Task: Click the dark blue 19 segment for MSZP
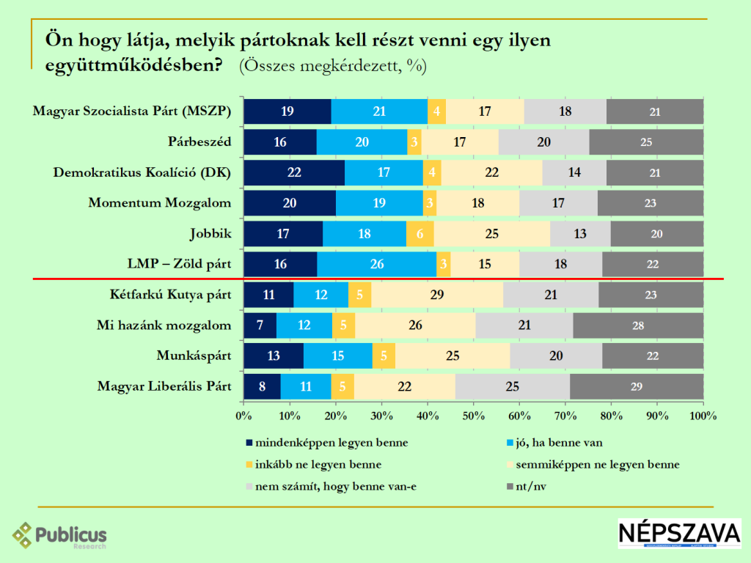pyautogui.click(x=287, y=111)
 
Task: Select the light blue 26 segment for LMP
pyautogui.click(x=376, y=265)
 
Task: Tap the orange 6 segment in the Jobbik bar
pyautogui.click(x=420, y=234)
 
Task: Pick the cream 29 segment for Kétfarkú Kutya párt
pyautogui.click(x=437, y=295)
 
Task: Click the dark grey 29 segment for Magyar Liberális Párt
pyautogui.click(x=637, y=386)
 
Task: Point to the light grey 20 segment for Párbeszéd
pyautogui.click(x=543, y=142)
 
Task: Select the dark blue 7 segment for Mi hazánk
pyautogui.click(x=260, y=325)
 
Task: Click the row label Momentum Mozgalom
pyautogui.click(x=159, y=203)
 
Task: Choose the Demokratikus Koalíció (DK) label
pyautogui.click(x=142, y=173)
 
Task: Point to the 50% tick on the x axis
pyautogui.click(x=474, y=416)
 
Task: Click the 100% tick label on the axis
pyautogui.click(x=703, y=416)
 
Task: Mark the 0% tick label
pyautogui.click(x=243, y=416)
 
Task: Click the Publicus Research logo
pyautogui.click(x=60, y=536)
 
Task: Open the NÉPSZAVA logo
pyautogui.click(x=678, y=534)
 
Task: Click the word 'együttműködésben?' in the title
pyautogui.click(x=134, y=65)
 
